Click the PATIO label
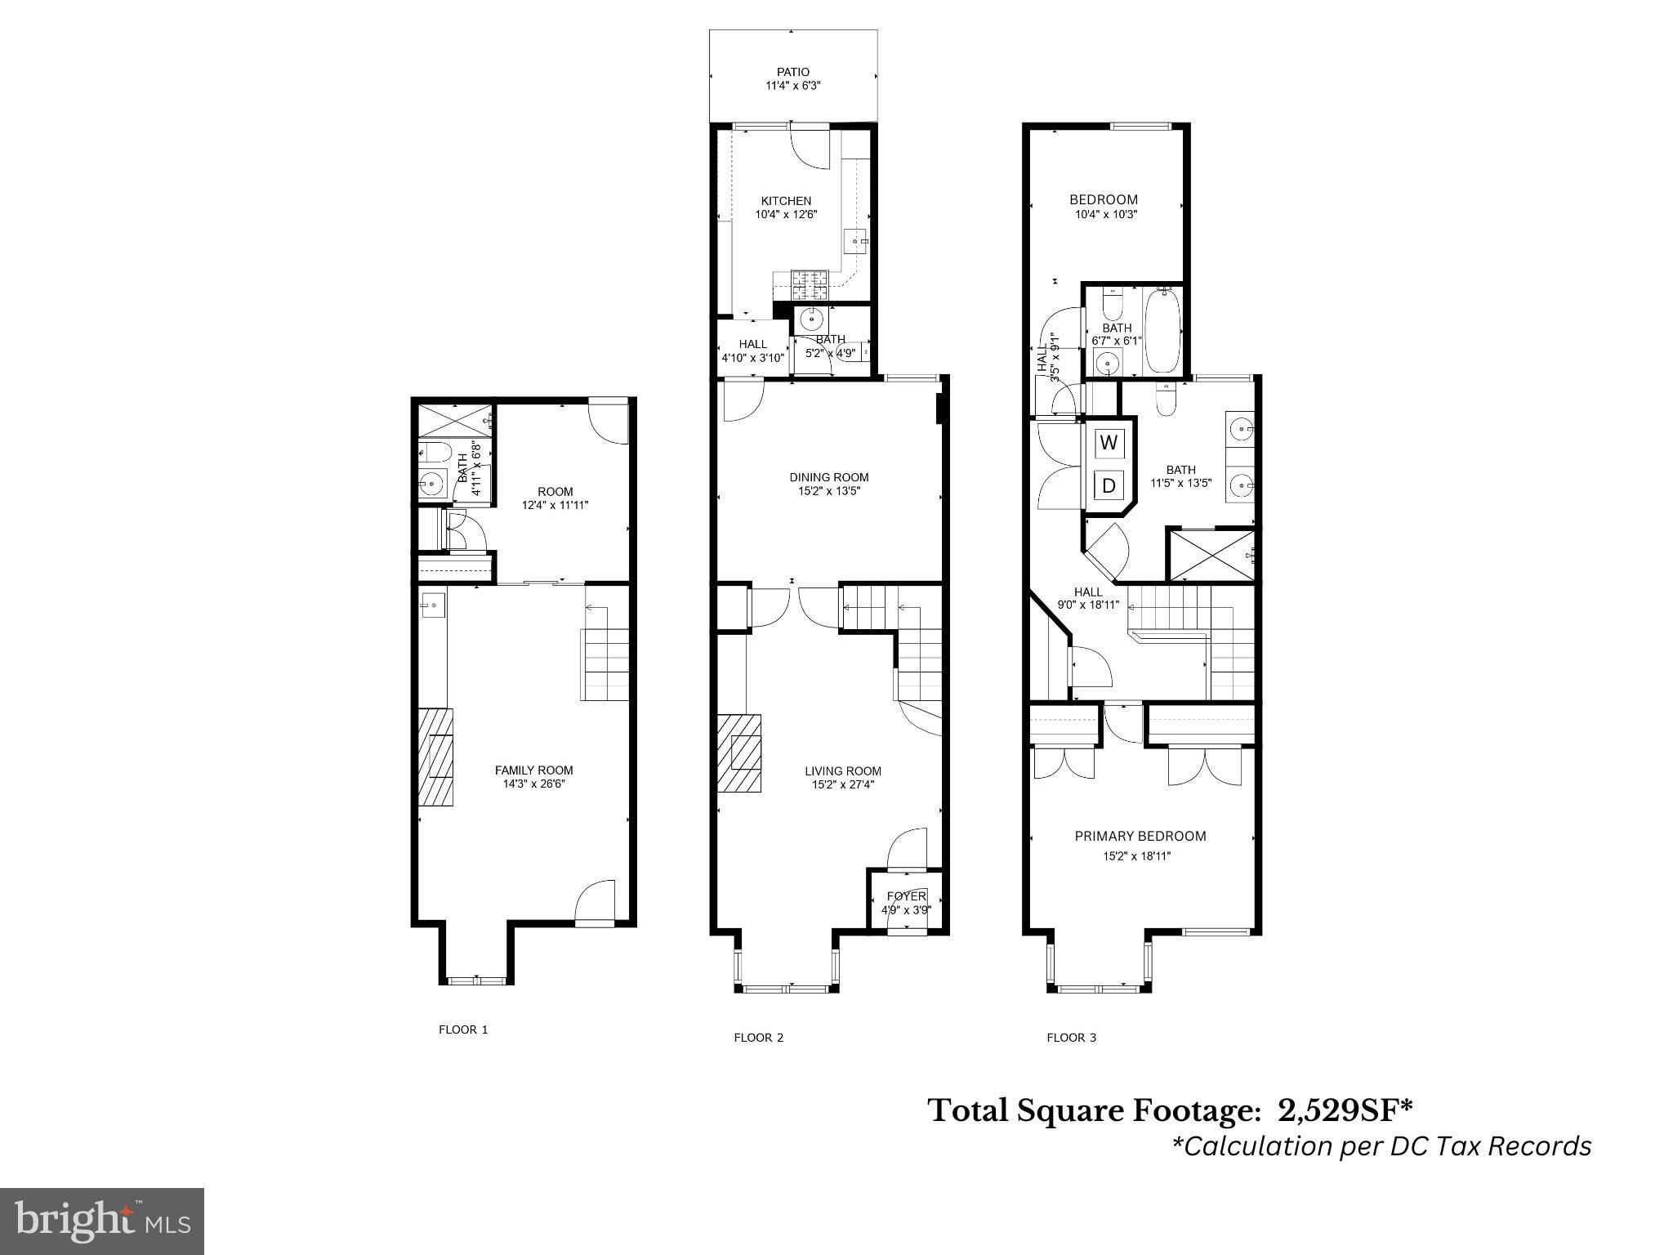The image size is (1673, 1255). pos(793,72)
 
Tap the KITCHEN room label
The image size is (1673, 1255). pos(786,201)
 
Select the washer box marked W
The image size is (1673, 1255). pos(1109,444)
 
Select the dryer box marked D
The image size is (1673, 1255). pos(1109,485)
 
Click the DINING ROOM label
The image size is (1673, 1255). pos(829,477)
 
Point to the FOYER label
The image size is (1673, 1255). pos(907,896)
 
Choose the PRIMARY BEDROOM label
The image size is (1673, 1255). pos(1140,836)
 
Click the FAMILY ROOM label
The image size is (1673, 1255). pos(534,770)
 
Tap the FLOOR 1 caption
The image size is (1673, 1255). pos(463,1029)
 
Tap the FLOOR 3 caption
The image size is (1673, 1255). pos(1072,1038)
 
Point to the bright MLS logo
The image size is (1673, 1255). pos(102,1222)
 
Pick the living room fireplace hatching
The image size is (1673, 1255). pos(739,753)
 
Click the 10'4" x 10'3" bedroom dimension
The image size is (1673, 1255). pos(1106,214)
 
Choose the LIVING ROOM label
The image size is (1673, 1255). pos(843,770)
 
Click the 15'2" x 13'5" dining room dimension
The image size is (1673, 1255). pos(829,491)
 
